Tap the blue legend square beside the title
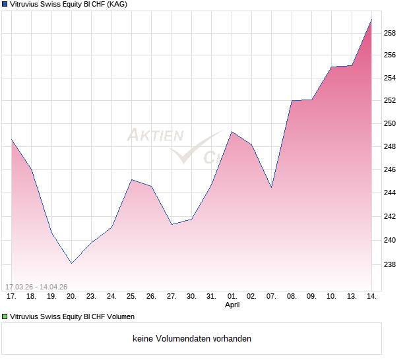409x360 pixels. click(5, 4)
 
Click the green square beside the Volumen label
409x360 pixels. click(5, 316)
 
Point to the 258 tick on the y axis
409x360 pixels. click(391, 33)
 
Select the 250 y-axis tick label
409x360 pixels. click(391, 124)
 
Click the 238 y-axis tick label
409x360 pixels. click(391, 265)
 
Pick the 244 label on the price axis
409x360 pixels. click(391, 193)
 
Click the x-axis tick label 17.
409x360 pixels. click(11, 296)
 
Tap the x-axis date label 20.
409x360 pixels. click(71, 296)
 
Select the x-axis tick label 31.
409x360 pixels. click(211, 296)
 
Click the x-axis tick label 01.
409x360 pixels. click(232, 296)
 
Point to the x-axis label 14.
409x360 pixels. click(371, 296)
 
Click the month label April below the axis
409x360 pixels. click(232, 305)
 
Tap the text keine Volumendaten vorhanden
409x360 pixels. click(192, 339)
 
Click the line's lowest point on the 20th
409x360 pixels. click(71, 263)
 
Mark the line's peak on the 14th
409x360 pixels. click(371, 20)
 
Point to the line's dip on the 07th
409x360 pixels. click(271, 187)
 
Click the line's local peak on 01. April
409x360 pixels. click(232, 132)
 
